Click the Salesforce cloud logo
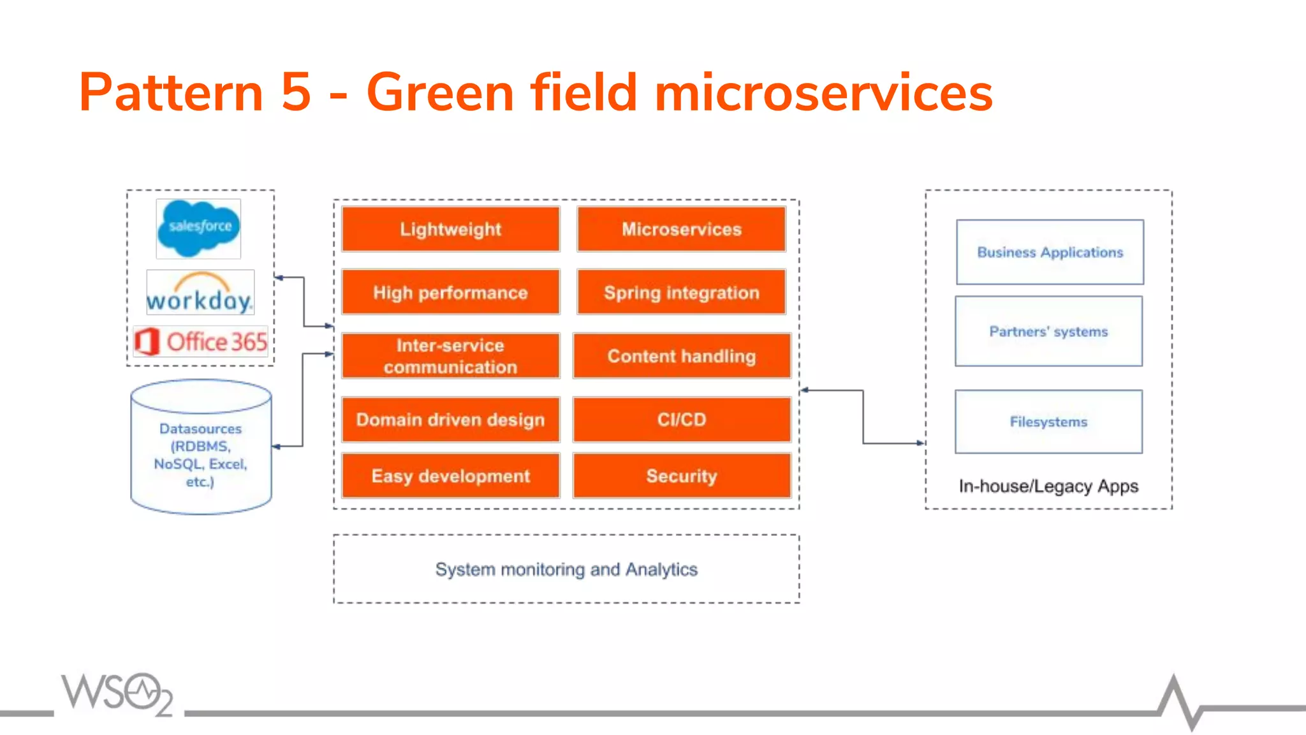pyautogui.click(x=198, y=228)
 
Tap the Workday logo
pyautogui.click(x=200, y=293)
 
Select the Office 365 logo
pyautogui.click(x=201, y=342)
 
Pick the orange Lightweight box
pyautogui.click(x=450, y=229)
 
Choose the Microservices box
pyautogui.click(x=681, y=229)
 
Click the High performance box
pyautogui.click(x=450, y=292)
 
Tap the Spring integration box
pyautogui.click(x=681, y=292)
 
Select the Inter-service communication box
pyautogui.click(x=450, y=356)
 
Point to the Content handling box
pyautogui.click(x=681, y=356)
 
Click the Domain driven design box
pyautogui.click(x=450, y=419)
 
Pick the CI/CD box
pyautogui.click(x=681, y=419)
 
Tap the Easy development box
pyautogui.click(x=450, y=476)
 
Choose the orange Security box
pyautogui.click(x=681, y=476)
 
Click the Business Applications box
pyautogui.click(x=1050, y=252)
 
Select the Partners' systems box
pyautogui.click(x=1048, y=331)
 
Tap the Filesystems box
pyautogui.click(x=1048, y=422)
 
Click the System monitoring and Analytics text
pyautogui.click(x=566, y=569)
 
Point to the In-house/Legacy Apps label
pyautogui.click(x=1048, y=486)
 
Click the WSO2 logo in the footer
pyautogui.click(x=117, y=693)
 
